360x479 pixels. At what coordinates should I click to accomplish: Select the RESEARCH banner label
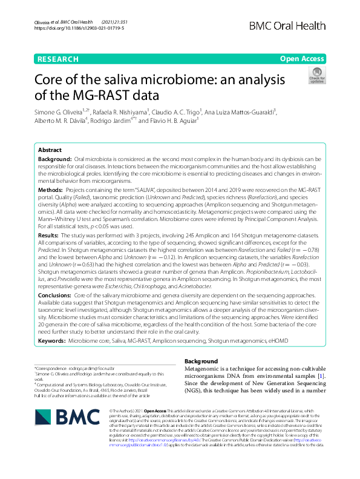[57, 59]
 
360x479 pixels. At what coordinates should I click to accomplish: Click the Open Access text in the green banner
[302, 59]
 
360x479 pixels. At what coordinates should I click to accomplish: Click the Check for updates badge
[316, 76]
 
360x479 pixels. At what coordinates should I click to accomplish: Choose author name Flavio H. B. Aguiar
[191, 120]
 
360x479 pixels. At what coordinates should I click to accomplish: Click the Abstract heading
[50, 150]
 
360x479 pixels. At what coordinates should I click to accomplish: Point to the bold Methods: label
[51, 190]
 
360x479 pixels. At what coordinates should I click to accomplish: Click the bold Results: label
[49, 235]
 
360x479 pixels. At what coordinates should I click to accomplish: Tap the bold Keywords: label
[51, 342]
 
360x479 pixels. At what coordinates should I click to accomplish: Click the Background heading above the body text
[200, 362]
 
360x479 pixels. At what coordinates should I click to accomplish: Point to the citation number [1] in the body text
[322, 377]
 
